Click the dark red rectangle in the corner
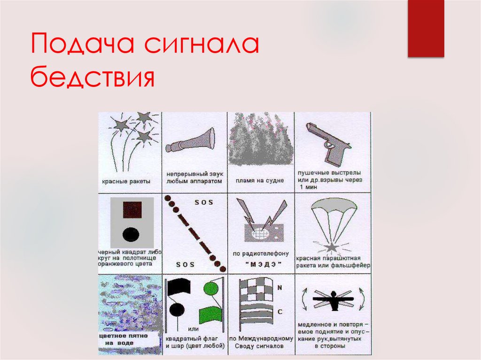426,28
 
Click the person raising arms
333,300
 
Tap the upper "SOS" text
203,202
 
